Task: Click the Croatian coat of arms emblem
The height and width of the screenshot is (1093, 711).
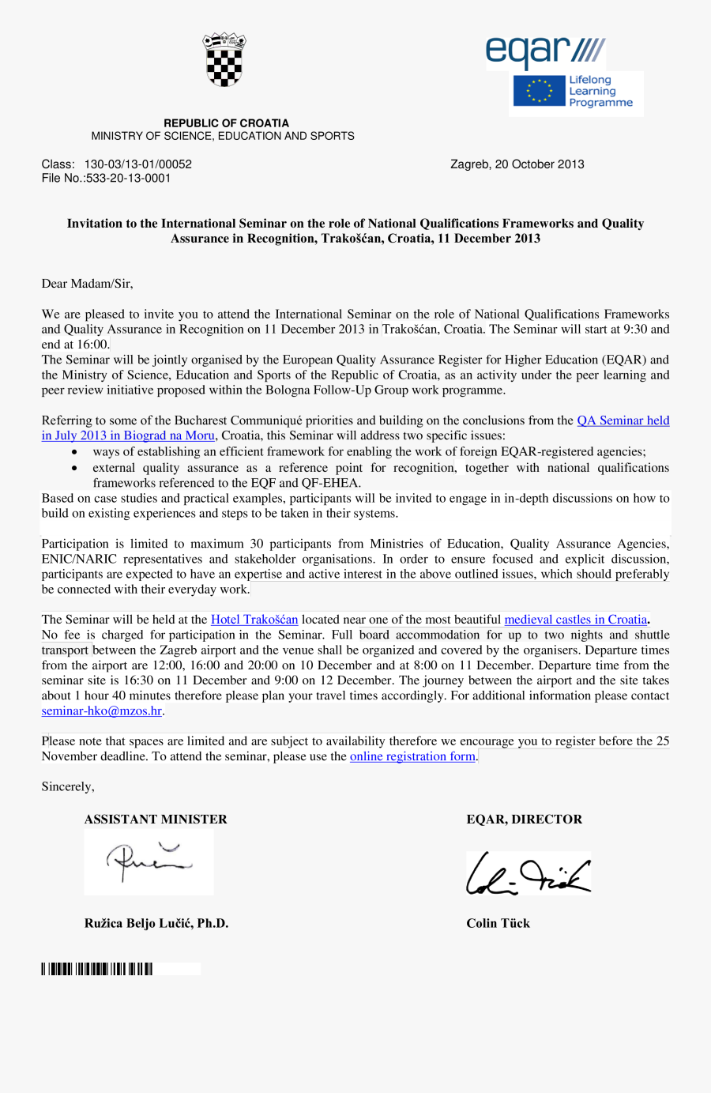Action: pyautogui.click(x=224, y=60)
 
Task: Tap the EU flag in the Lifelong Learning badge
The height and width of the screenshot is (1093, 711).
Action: pyautogui.click(x=540, y=91)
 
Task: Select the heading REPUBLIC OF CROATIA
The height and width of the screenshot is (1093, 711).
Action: pyautogui.click(x=226, y=123)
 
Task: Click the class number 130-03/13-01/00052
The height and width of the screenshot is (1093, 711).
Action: pyautogui.click(x=138, y=164)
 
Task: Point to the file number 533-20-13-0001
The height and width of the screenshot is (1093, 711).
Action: pyautogui.click(x=128, y=179)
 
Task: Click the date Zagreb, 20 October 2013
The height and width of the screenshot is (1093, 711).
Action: pyautogui.click(x=517, y=164)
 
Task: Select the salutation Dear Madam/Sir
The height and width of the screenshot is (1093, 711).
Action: pyautogui.click(x=87, y=284)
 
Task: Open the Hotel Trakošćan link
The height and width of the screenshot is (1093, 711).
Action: pyautogui.click(x=254, y=620)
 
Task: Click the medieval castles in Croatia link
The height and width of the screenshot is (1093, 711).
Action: pyautogui.click(x=575, y=620)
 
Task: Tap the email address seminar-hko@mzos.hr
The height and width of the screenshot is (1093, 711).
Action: pyautogui.click(x=101, y=711)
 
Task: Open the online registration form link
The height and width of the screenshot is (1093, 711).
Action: pyautogui.click(x=412, y=756)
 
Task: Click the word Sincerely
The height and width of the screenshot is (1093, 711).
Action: pyautogui.click(x=68, y=787)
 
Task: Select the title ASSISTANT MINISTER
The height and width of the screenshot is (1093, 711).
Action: pyautogui.click(x=156, y=820)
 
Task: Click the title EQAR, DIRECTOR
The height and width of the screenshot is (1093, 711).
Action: pyautogui.click(x=524, y=820)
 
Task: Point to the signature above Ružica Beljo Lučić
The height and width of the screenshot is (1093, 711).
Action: pyautogui.click(x=149, y=861)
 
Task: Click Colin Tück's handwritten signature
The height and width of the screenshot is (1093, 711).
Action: pyautogui.click(x=528, y=874)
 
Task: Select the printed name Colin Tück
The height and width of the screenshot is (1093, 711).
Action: pyautogui.click(x=498, y=923)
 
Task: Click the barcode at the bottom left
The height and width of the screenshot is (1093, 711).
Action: pyautogui.click(x=97, y=969)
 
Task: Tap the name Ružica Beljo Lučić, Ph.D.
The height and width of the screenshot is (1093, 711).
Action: pyautogui.click(x=156, y=923)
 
